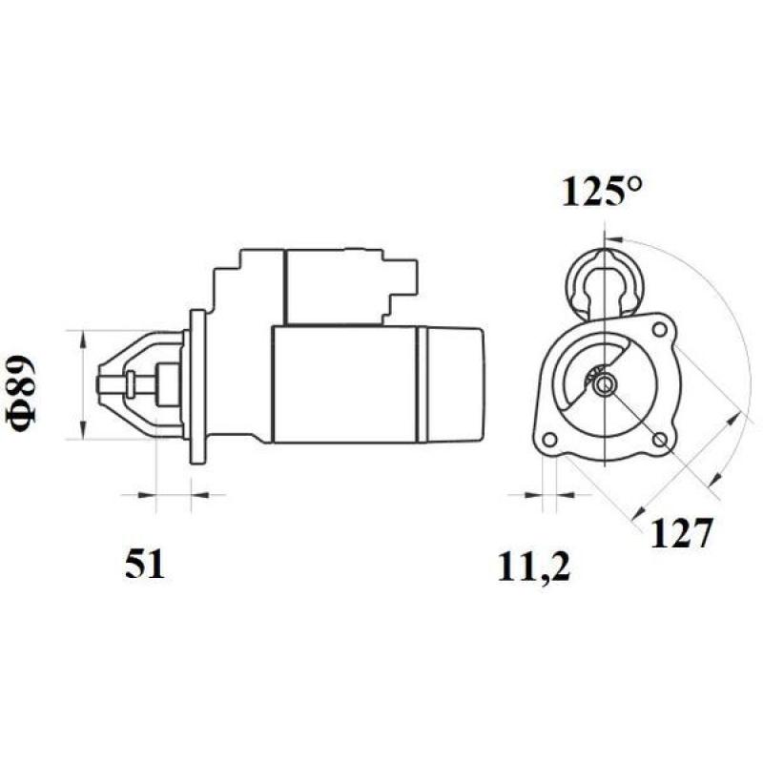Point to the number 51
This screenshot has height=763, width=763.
(x=145, y=565)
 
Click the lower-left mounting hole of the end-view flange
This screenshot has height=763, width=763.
(x=549, y=439)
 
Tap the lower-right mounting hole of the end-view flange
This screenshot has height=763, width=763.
(x=660, y=439)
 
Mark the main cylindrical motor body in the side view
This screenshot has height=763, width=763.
(x=343, y=383)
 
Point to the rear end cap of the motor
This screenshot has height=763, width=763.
(x=450, y=383)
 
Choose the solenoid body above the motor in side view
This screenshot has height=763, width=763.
(x=334, y=284)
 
